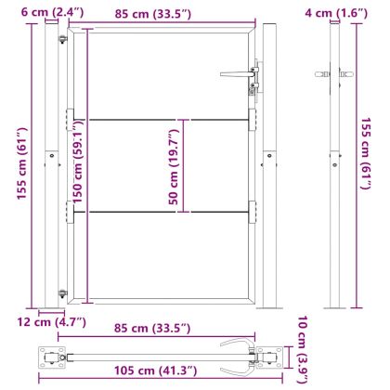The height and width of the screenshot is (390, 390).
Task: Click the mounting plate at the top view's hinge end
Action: point(49,356)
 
